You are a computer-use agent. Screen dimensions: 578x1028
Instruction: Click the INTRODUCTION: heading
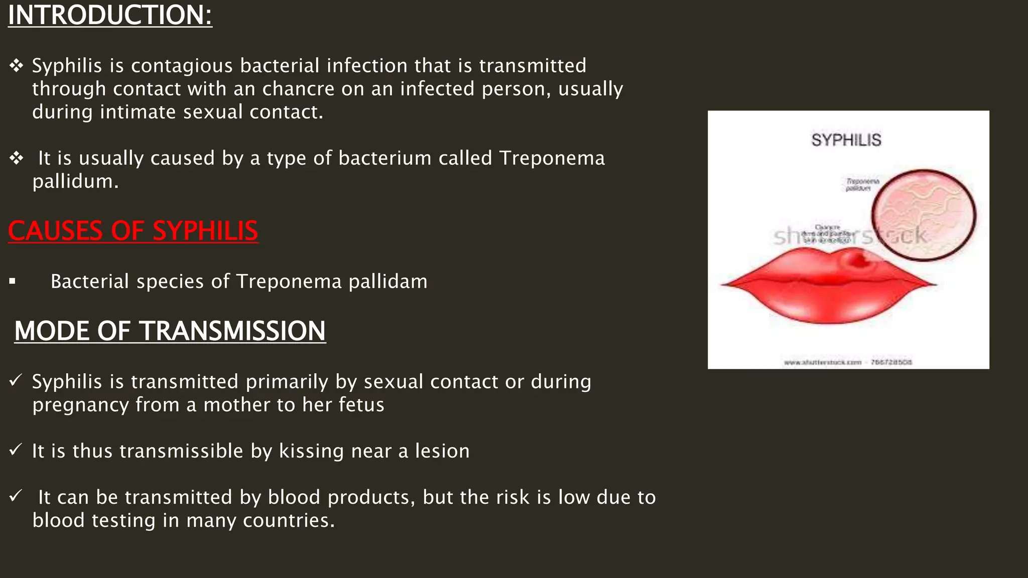coord(110,15)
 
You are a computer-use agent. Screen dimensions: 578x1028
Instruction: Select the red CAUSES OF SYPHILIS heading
coord(133,231)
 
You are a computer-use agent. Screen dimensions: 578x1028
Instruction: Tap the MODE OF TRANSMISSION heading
coord(170,331)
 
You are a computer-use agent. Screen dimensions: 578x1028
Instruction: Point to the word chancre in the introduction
coord(298,89)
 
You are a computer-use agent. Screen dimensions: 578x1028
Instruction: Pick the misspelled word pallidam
coord(388,281)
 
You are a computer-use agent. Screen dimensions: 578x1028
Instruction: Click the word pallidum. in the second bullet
coord(75,181)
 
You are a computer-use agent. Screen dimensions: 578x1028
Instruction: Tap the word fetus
coord(361,405)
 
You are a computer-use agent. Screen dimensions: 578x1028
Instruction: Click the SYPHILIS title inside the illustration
coord(846,140)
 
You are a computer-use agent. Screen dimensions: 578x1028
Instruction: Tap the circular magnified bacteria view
coord(924,215)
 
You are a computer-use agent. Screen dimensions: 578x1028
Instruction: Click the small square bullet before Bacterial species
coord(13,282)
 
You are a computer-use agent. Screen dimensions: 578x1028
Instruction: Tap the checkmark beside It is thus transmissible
coord(16,450)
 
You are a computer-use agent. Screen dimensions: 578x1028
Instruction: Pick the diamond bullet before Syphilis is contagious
coord(16,66)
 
